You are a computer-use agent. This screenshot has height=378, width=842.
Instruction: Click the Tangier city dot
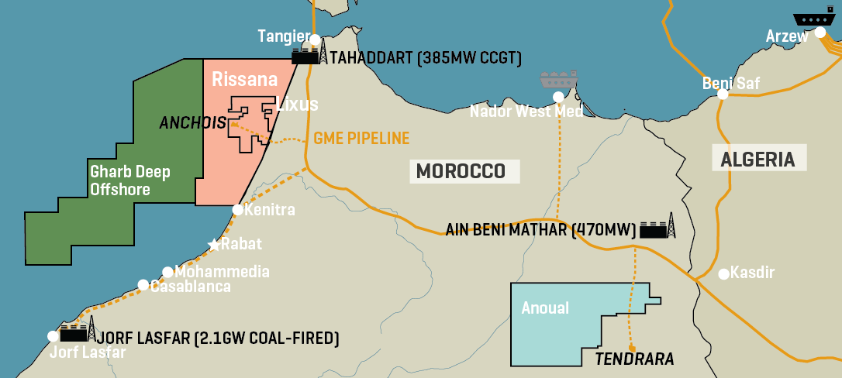click(x=315, y=39)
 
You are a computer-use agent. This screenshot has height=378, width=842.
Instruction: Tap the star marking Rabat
click(x=214, y=244)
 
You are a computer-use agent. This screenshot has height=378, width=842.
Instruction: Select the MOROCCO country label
click(x=464, y=171)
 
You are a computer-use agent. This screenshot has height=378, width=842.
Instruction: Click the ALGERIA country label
click(x=758, y=160)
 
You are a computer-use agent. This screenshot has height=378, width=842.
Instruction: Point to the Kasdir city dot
click(x=723, y=273)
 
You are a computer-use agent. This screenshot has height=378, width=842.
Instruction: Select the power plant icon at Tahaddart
click(x=309, y=53)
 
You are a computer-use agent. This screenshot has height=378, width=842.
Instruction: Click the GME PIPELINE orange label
click(x=361, y=139)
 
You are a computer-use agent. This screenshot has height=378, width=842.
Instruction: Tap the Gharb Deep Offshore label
click(x=129, y=180)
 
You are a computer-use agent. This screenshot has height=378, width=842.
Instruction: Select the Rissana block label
click(x=233, y=79)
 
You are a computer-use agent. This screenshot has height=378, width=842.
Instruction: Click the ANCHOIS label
click(x=192, y=122)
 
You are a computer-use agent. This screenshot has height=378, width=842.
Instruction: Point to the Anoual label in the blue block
click(x=545, y=308)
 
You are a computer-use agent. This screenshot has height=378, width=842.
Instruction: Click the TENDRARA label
click(x=634, y=359)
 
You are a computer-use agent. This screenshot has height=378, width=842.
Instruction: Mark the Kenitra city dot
click(x=238, y=210)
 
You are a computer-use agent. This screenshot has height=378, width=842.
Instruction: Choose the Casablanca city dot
click(x=143, y=285)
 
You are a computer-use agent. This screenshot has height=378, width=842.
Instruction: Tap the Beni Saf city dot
click(x=722, y=94)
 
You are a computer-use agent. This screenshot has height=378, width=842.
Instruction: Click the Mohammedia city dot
click(x=167, y=272)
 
